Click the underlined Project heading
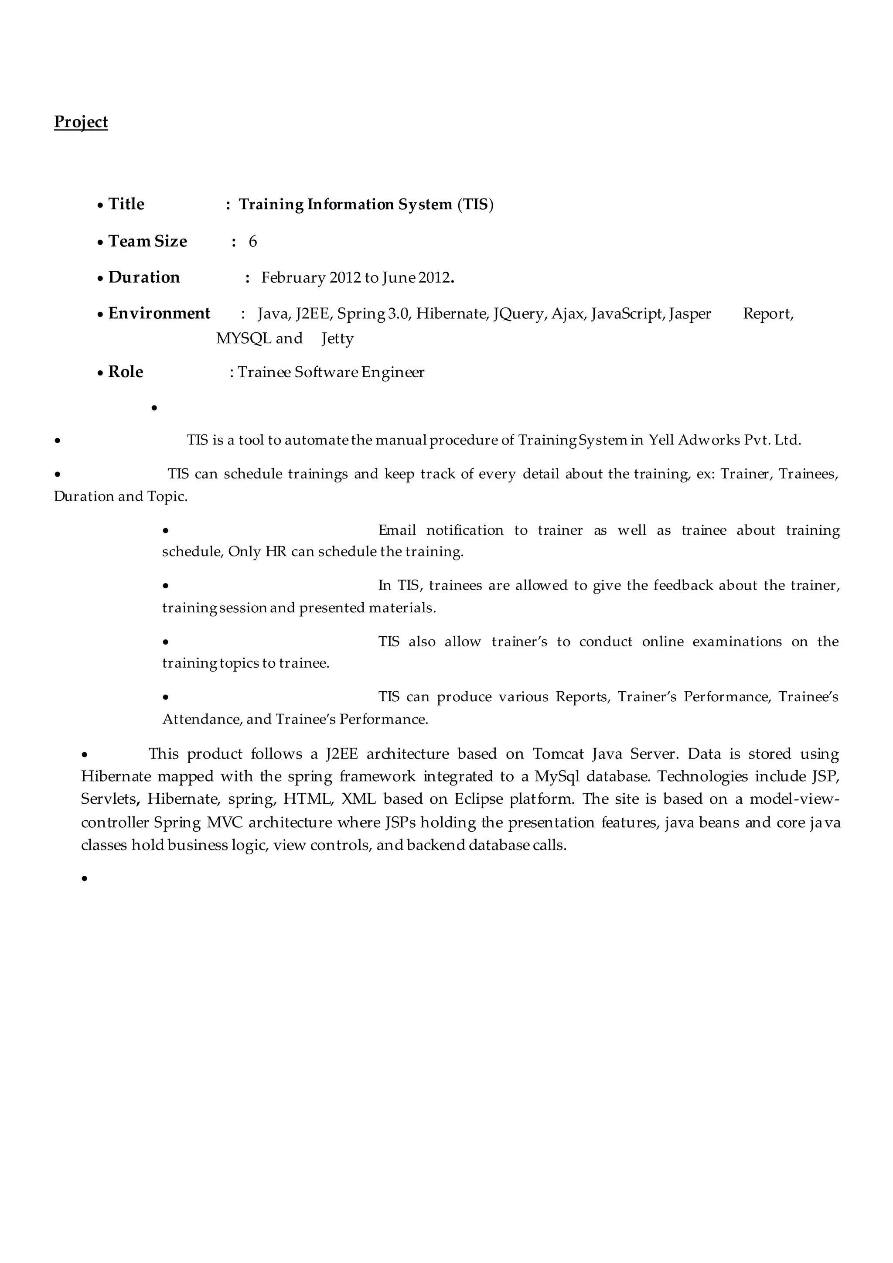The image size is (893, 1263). pyautogui.click(x=81, y=122)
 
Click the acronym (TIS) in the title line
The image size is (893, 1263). pyautogui.click(x=475, y=205)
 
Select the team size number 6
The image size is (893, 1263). pyautogui.click(x=253, y=242)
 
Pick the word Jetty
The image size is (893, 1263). pyautogui.click(x=337, y=338)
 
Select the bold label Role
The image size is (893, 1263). pyautogui.click(x=126, y=372)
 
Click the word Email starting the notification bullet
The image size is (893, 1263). pyautogui.click(x=397, y=530)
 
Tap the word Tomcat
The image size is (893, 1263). pyautogui.click(x=558, y=754)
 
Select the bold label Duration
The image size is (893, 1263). pyautogui.click(x=144, y=277)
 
